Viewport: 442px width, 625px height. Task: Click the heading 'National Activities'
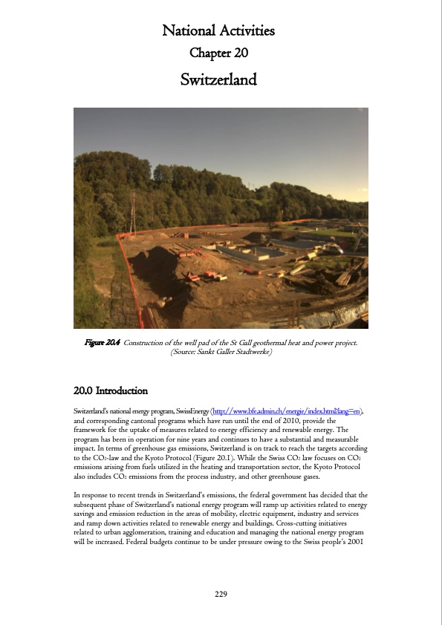pos(218,31)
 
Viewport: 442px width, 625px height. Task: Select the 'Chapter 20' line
pos(218,53)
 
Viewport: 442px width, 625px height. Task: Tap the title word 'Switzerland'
pos(218,79)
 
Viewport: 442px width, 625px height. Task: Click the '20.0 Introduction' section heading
pos(111,390)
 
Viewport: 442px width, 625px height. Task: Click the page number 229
pos(221,594)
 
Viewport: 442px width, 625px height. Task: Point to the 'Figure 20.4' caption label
pos(103,342)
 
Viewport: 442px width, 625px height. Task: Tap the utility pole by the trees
pos(133,212)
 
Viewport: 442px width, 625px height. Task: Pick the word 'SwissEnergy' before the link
pos(190,410)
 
